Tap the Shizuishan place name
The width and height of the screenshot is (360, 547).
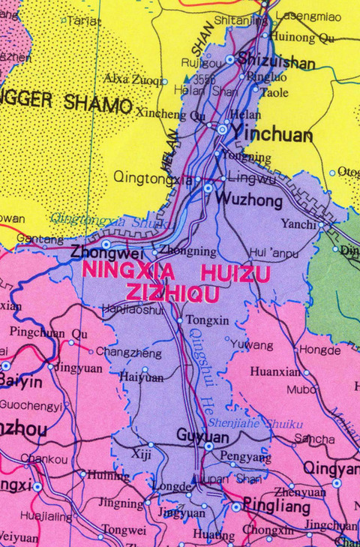pyautogui.click(x=274, y=62)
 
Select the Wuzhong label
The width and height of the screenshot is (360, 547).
pyautogui.click(x=249, y=200)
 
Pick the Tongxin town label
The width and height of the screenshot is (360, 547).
pyautogui.click(x=207, y=320)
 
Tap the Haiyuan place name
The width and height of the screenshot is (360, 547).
pyautogui.click(x=141, y=377)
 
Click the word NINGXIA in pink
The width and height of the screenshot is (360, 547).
pyautogui.click(x=129, y=272)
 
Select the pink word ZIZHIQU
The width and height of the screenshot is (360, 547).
pyautogui.click(x=162, y=293)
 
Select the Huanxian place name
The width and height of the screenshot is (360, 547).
pyautogui.click(x=274, y=371)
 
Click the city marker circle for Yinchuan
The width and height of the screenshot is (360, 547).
pyautogui.click(x=222, y=130)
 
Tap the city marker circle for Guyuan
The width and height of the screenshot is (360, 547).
pyautogui.click(x=208, y=446)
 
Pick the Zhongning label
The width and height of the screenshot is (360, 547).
pyautogui.click(x=182, y=252)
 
